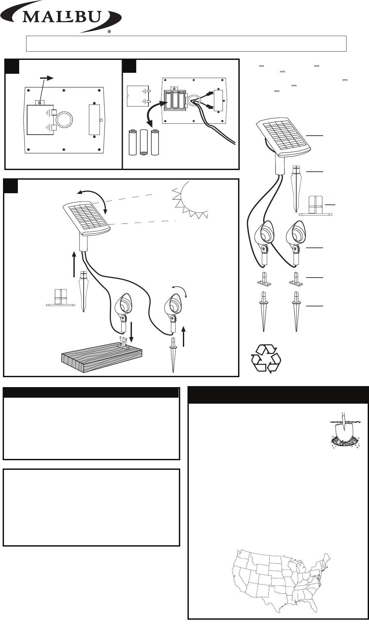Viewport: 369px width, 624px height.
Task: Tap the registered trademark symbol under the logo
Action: tap(109, 32)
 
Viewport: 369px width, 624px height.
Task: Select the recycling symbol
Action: tap(266, 358)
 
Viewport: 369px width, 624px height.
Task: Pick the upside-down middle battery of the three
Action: tap(144, 142)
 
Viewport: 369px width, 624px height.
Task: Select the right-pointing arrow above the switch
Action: tap(47, 78)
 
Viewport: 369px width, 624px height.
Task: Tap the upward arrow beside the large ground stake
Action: tap(74, 264)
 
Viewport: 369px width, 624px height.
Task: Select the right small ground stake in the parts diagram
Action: tap(296, 311)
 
